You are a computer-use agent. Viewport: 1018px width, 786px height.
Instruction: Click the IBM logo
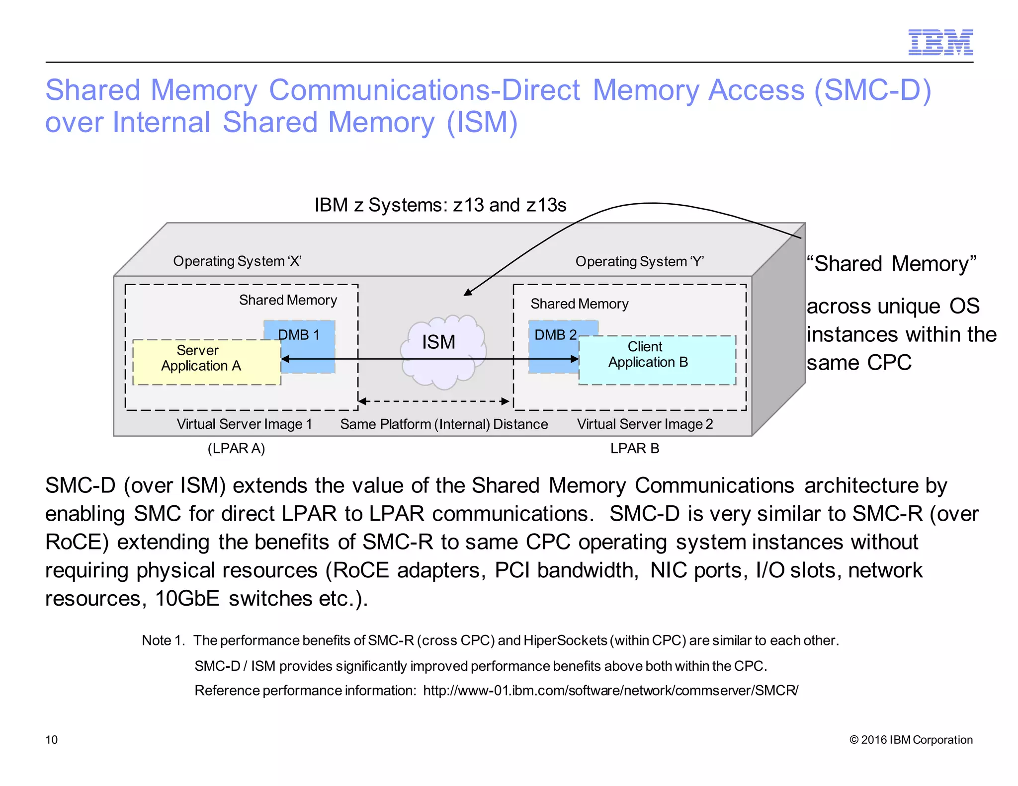tap(940, 42)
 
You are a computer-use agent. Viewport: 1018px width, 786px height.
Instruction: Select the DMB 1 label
tap(299, 334)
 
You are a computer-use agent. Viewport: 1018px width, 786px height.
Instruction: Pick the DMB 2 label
tap(555, 334)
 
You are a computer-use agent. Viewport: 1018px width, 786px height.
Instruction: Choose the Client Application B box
tap(657, 360)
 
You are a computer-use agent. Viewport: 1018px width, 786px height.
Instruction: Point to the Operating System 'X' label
tap(237, 261)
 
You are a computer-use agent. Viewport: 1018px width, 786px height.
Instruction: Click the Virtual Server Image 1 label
tap(244, 424)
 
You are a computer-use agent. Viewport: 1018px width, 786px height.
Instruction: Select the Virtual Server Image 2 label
tap(645, 424)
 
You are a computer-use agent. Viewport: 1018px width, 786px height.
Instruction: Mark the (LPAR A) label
tap(236, 448)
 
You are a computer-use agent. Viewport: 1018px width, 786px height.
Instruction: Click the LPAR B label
tap(635, 448)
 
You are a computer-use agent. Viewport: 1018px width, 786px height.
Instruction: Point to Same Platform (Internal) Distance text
tap(444, 424)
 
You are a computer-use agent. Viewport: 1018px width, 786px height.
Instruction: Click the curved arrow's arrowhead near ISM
tap(467, 292)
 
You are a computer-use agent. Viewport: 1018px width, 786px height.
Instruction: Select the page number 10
tap(52, 739)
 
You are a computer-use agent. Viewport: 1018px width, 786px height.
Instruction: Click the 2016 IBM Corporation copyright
tap(911, 739)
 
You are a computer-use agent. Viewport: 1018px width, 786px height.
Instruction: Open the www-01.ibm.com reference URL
tap(610, 690)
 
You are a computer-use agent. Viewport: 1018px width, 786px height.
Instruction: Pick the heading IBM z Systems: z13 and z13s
tap(440, 205)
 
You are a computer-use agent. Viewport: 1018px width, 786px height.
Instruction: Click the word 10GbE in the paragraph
tap(187, 598)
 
